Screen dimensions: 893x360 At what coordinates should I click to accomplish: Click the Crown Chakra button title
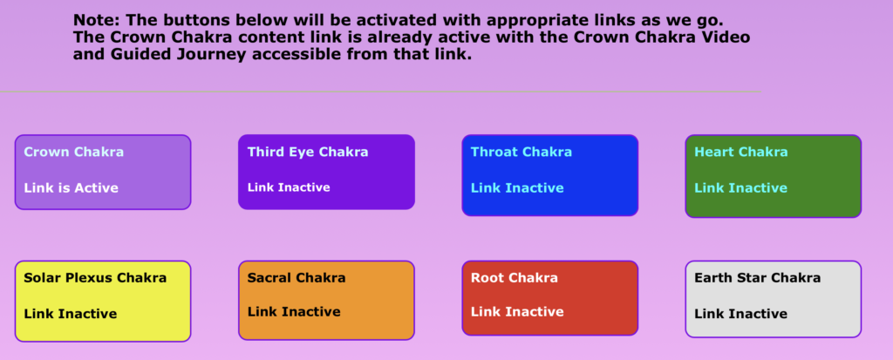73,152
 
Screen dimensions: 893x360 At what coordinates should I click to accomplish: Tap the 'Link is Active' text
72,188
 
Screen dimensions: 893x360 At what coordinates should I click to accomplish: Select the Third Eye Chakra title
308,152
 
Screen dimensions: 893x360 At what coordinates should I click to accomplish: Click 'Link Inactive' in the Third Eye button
289,187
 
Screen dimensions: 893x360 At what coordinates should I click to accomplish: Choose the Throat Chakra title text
521,152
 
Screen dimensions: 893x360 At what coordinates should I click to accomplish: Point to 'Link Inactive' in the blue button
517,188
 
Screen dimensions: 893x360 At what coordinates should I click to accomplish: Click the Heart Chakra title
741,152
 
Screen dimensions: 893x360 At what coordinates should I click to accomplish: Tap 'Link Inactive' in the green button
740,188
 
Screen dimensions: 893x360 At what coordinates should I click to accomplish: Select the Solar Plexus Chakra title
95,278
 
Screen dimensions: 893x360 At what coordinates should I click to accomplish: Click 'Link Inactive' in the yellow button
70,314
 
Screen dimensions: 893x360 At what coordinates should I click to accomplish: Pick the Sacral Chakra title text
297,278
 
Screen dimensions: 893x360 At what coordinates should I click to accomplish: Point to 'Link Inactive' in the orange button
294,311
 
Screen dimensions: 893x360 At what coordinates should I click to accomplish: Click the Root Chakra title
514,278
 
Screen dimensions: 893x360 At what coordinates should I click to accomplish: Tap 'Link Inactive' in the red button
517,311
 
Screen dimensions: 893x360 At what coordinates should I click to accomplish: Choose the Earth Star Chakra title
758,278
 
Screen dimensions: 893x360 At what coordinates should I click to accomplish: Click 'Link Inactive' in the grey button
740,314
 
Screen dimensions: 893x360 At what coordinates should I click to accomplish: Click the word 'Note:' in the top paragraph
97,21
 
